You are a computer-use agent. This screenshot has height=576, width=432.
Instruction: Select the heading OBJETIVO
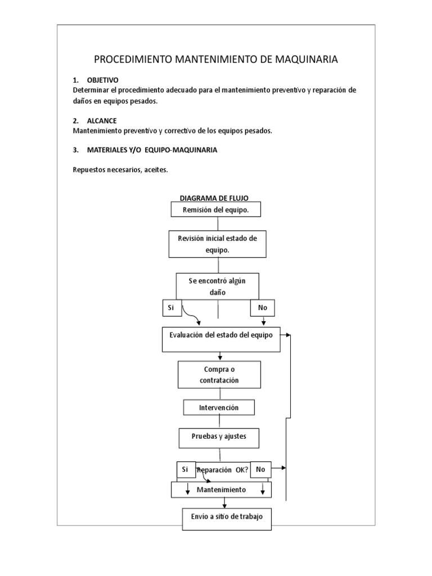(x=102, y=80)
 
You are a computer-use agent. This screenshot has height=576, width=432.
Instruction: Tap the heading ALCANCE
(x=102, y=121)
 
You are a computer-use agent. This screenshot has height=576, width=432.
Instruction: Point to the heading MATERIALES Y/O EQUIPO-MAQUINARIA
(x=152, y=150)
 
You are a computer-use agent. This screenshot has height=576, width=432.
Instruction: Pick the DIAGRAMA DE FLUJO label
(x=214, y=198)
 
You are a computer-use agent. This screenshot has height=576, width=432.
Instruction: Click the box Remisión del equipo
(x=216, y=209)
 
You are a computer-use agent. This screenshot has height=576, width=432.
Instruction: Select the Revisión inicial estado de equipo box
(x=218, y=244)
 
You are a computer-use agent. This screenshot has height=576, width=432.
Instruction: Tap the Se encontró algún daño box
(x=218, y=286)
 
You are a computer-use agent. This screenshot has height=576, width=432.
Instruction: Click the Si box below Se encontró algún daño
(x=172, y=308)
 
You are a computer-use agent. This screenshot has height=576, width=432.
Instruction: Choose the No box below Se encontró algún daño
(x=262, y=308)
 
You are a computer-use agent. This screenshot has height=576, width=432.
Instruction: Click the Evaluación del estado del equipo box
(x=221, y=339)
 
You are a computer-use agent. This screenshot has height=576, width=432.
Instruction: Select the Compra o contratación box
(x=219, y=375)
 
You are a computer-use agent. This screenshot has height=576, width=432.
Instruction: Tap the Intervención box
(x=219, y=407)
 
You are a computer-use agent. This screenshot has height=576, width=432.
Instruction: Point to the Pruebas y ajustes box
(x=219, y=438)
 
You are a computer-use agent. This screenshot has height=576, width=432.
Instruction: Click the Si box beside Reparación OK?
(x=186, y=470)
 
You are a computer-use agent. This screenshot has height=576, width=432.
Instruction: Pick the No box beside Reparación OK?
(x=261, y=470)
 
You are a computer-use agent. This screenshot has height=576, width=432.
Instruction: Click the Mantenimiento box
(x=221, y=490)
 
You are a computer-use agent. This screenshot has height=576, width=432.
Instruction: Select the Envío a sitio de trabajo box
(x=227, y=519)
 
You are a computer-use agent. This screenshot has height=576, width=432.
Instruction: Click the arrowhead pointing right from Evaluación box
(x=288, y=335)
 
